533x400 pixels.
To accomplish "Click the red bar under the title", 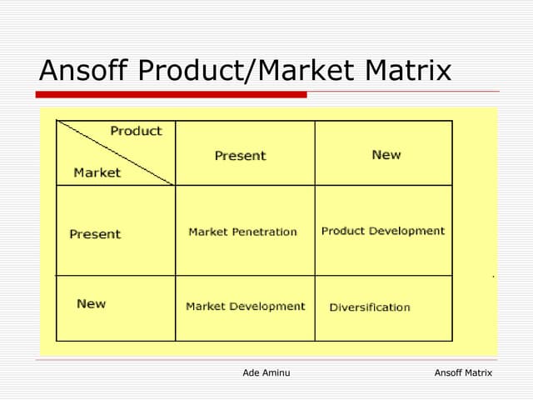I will (172, 95).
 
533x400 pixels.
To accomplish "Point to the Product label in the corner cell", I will (136, 131).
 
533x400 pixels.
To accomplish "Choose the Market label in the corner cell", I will (97, 172).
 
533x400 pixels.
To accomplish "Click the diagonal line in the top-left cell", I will (116, 153).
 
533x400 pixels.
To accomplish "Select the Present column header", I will (240, 156).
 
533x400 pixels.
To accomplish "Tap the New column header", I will (386, 155).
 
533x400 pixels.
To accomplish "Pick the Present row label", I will (95, 234).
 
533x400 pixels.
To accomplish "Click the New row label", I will (91, 303).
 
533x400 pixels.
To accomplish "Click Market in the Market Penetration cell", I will (207, 232).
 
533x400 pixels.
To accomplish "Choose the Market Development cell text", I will (245, 306).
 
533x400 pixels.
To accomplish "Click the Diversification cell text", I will (370, 307).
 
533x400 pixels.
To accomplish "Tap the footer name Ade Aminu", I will (266, 372).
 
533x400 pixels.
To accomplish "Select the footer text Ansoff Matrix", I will (463, 372).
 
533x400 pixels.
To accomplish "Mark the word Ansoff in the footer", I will (449, 372).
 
